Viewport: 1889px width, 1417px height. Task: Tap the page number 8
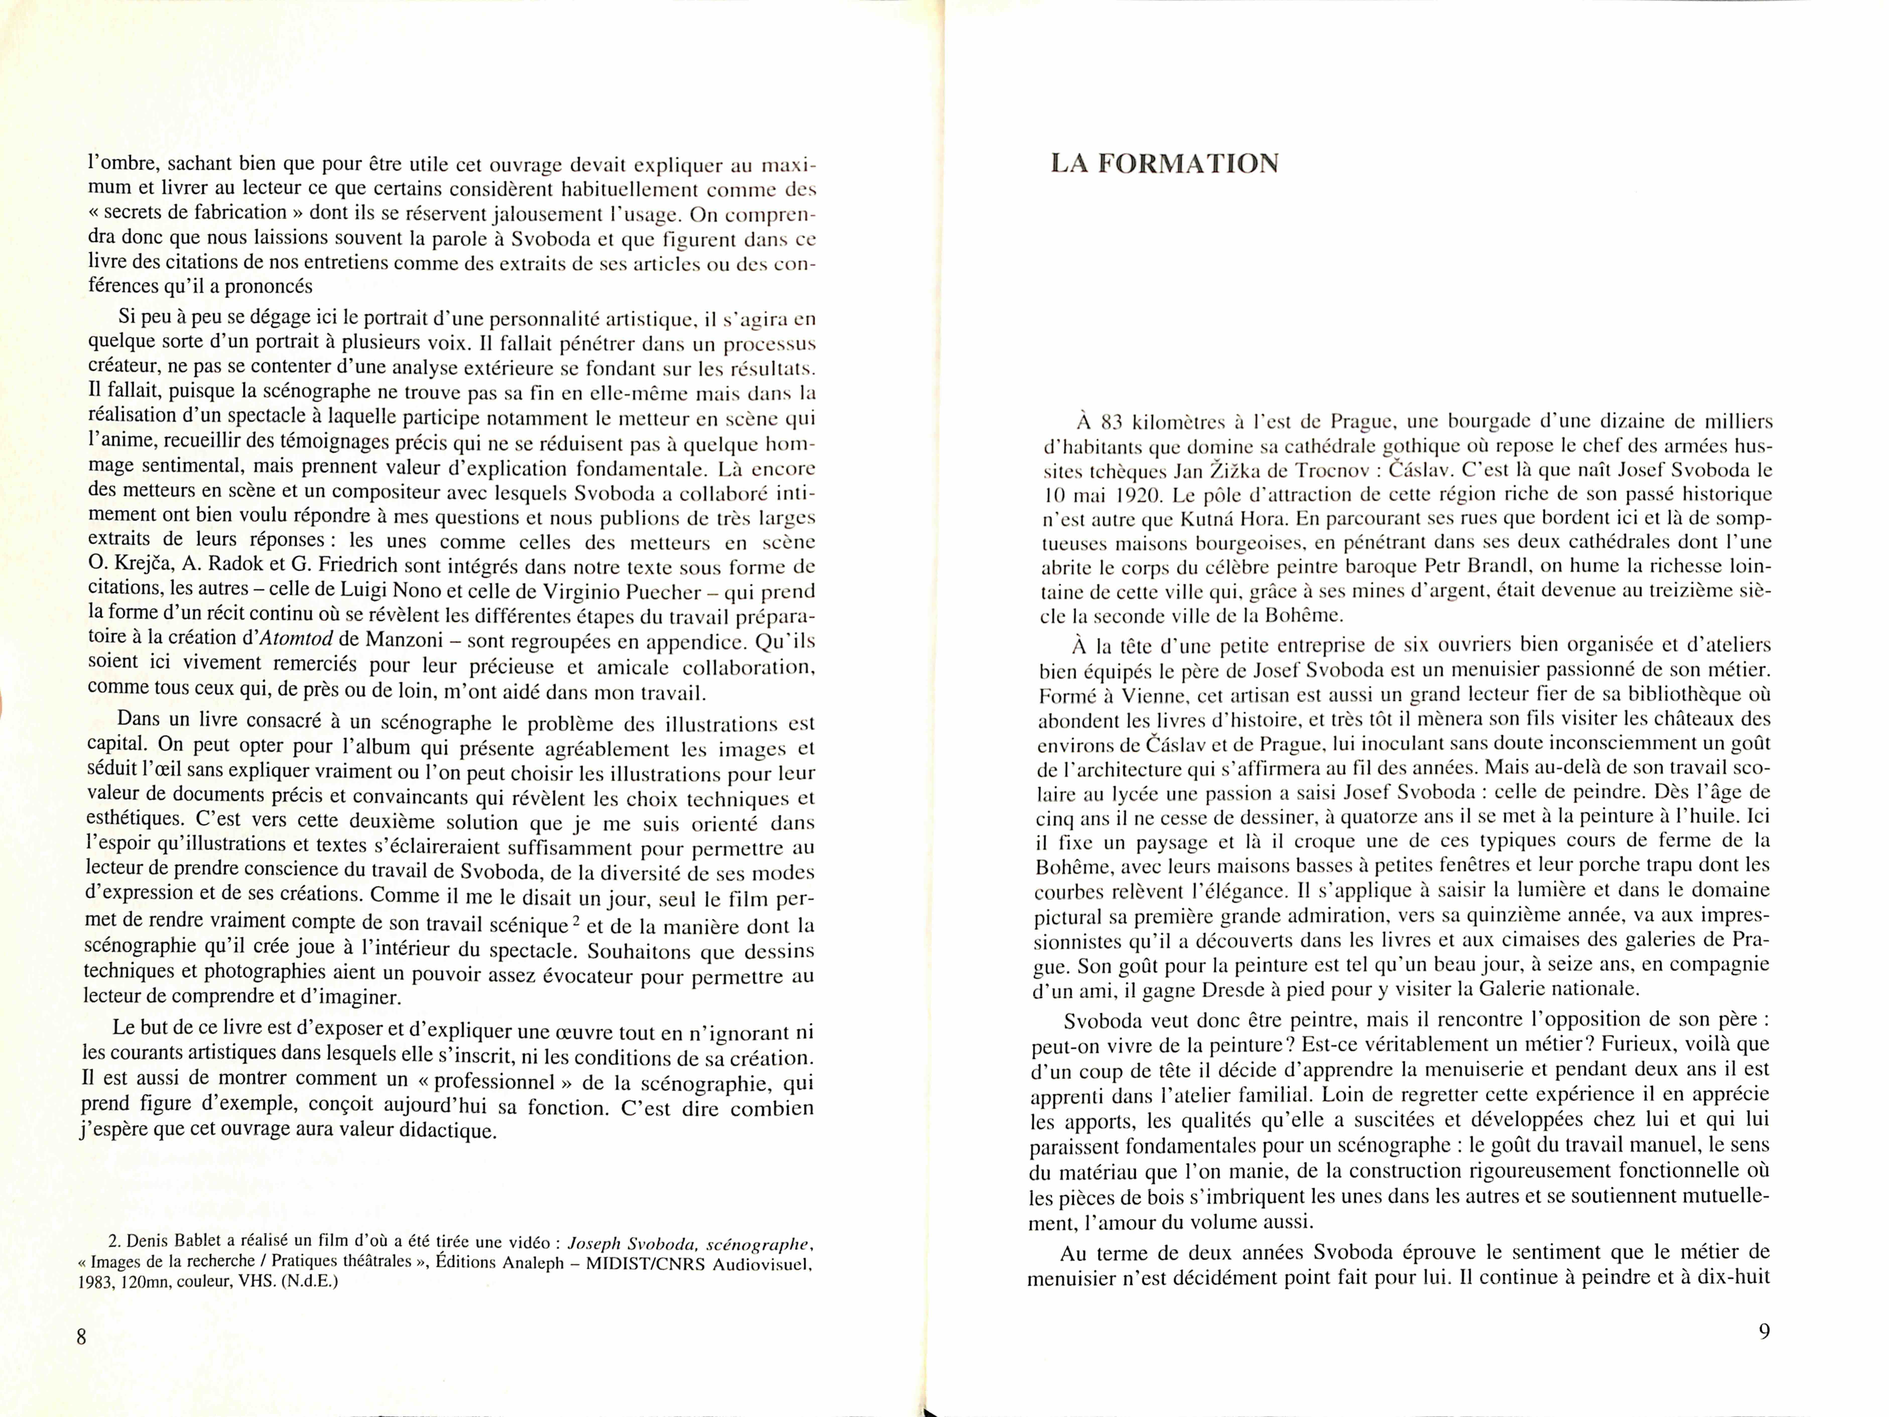click(82, 1337)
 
